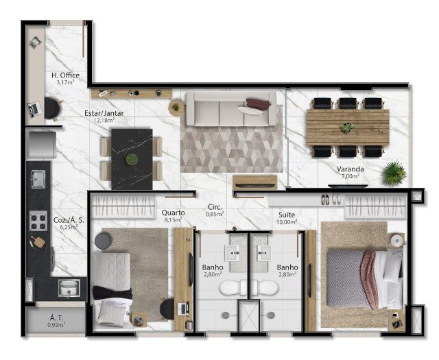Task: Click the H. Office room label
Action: [x=65, y=75]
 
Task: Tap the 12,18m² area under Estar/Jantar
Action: [x=104, y=120]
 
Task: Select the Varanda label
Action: [x=351, y=169]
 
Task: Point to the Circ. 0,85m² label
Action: [x=215, y=211]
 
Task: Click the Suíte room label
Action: [x=287, y=215]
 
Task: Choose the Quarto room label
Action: [x=173, y=213]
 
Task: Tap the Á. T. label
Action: [x=56, y=318]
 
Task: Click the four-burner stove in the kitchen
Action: [x=38, y=221]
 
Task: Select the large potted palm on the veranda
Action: [x=394, y=173]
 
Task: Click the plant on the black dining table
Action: [x=132, y=159]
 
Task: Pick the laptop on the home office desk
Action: [x=35, y=109]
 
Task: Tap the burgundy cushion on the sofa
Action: [x=258, y=104]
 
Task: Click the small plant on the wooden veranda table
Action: [x=348, y=128]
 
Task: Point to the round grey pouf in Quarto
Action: [x=103, y=241]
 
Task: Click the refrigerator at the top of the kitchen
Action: [x=41, y=145]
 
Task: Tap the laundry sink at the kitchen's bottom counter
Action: [x=69, y=288]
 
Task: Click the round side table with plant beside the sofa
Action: [x=176, y=108]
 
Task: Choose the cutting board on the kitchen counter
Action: [x=38, y=242]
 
